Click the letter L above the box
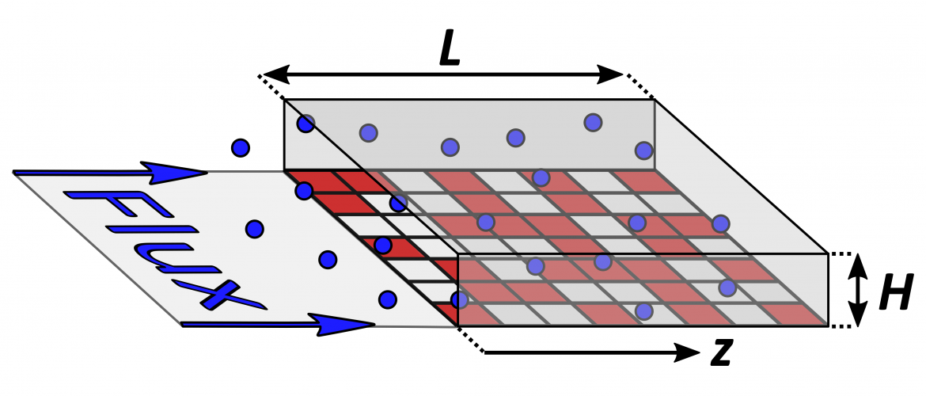(x=450, y=52)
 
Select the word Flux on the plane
(x=164, y=249)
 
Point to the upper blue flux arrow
(x=110, y=172)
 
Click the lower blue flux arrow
(x=278, y=324)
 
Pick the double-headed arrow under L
(x=443, y=74)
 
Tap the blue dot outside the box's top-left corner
(x=241, y=147)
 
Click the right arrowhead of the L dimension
(x=609, y=74)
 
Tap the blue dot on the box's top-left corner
(x=306, y=124)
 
